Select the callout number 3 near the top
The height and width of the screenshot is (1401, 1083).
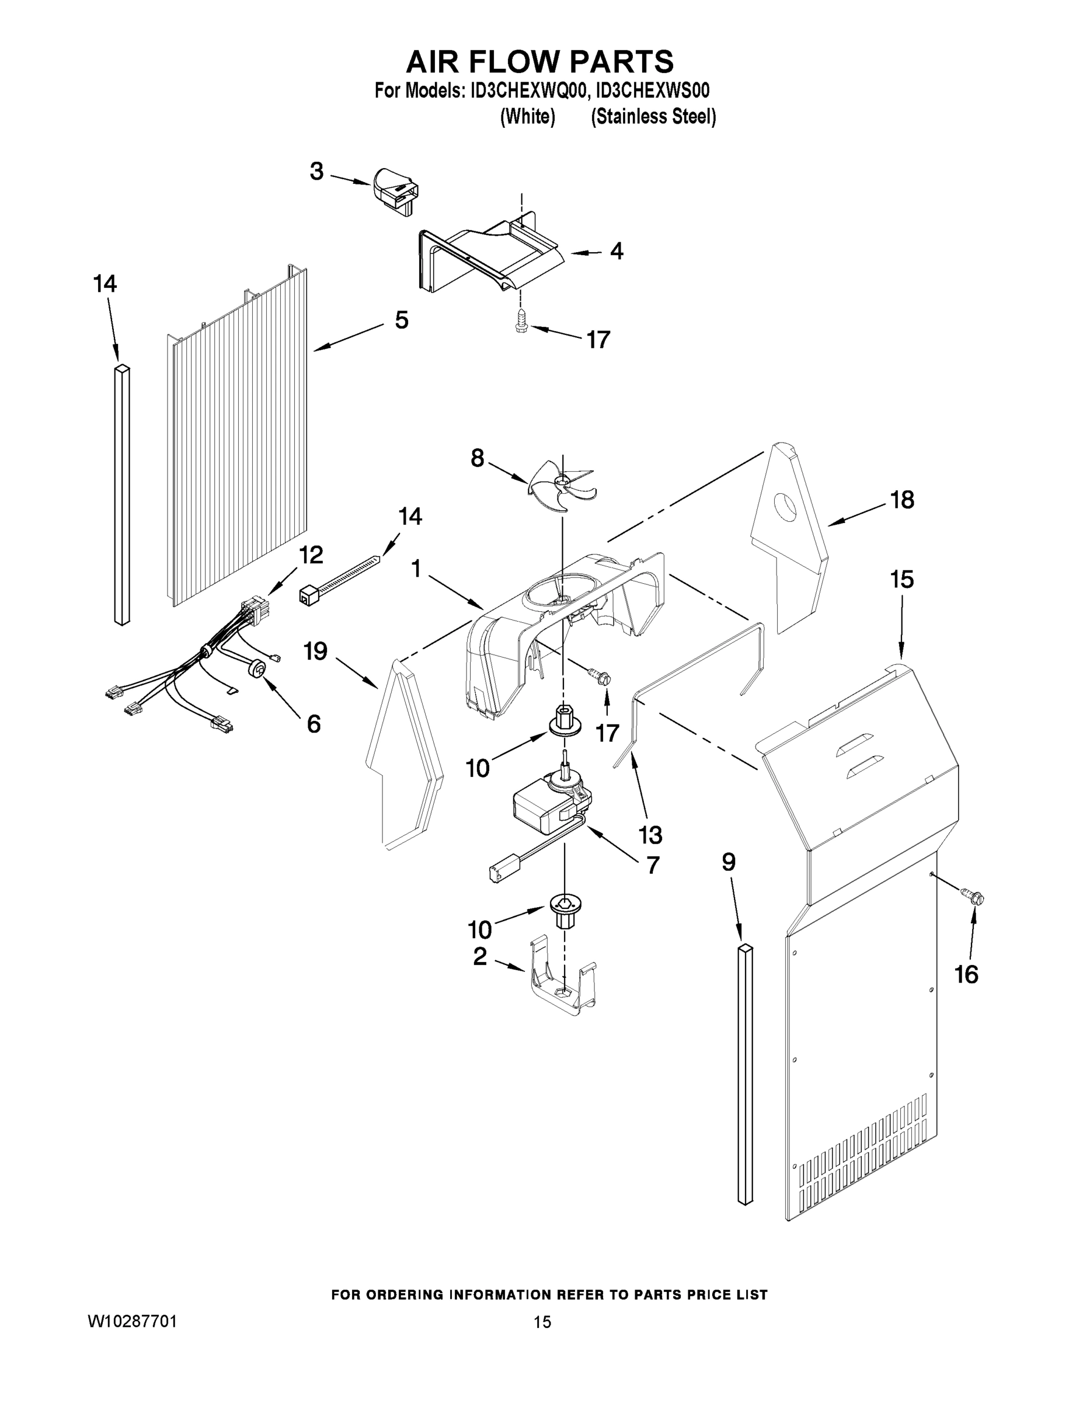coord(316,171)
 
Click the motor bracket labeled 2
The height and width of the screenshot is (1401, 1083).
coord(563,982)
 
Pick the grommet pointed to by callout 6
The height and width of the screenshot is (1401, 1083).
coord(259,669)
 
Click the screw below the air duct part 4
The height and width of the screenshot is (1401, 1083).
coord(521,320)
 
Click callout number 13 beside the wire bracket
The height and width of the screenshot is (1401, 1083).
coord(650,835)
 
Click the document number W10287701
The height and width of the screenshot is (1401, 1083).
coord(132,1321)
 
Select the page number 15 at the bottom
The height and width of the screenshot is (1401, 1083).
coord(542,1322)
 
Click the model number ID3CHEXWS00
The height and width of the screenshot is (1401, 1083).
coord(653,90)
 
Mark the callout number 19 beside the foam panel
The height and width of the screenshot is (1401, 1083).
coord(315,651)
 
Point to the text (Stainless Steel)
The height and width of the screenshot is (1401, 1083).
coord(653,117)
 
